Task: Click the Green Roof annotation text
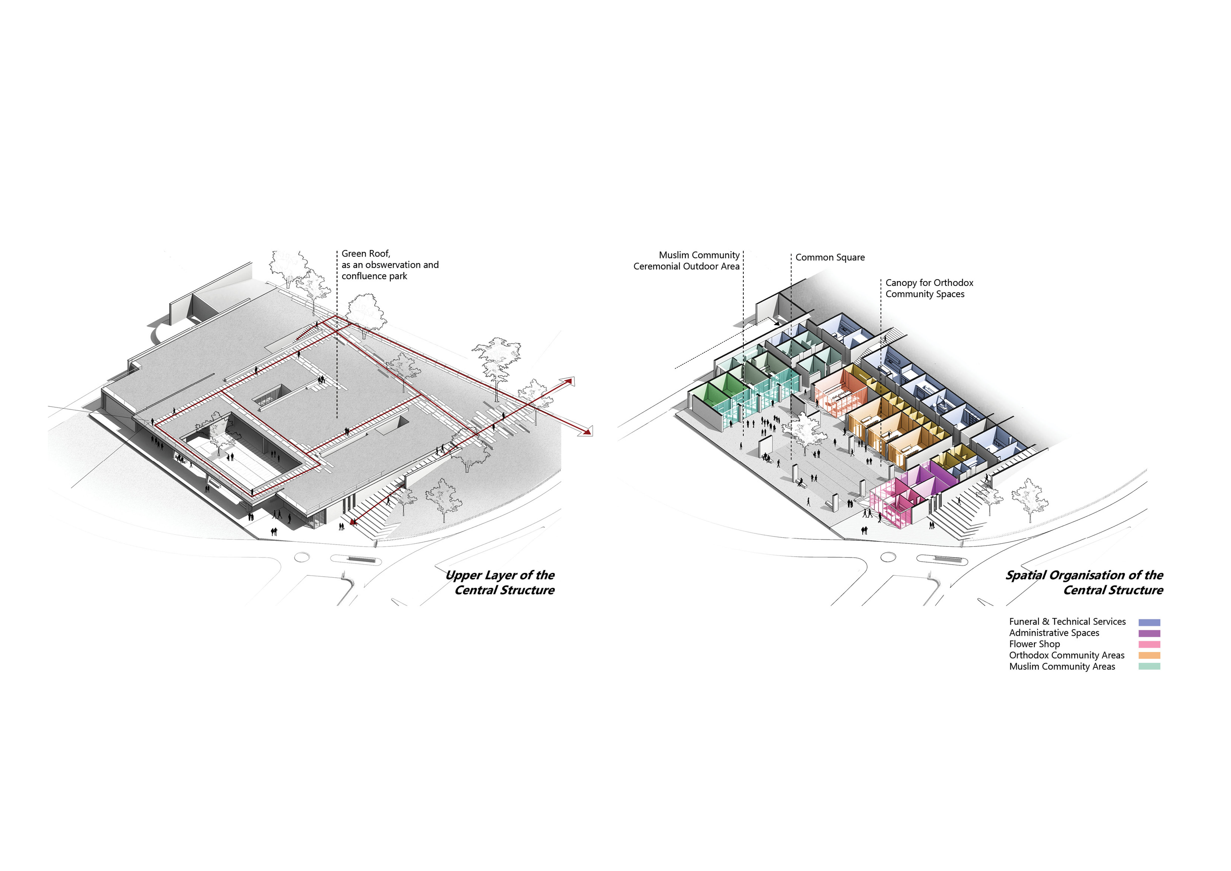[x=390, y=264]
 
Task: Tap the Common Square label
[x=830, y=257]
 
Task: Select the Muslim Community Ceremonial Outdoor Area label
[x=686, y=261]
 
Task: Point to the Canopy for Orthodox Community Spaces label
[x=929, y=288]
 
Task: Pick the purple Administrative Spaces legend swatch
[x=1149, y=633]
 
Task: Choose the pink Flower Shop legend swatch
[x=1149, y=645]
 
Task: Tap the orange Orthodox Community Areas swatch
[x=1149, y=655]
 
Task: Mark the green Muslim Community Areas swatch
[x=1149, y=667]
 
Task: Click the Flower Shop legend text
[x=1034, y=644]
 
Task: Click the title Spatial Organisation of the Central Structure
[x=1084, y=582]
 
